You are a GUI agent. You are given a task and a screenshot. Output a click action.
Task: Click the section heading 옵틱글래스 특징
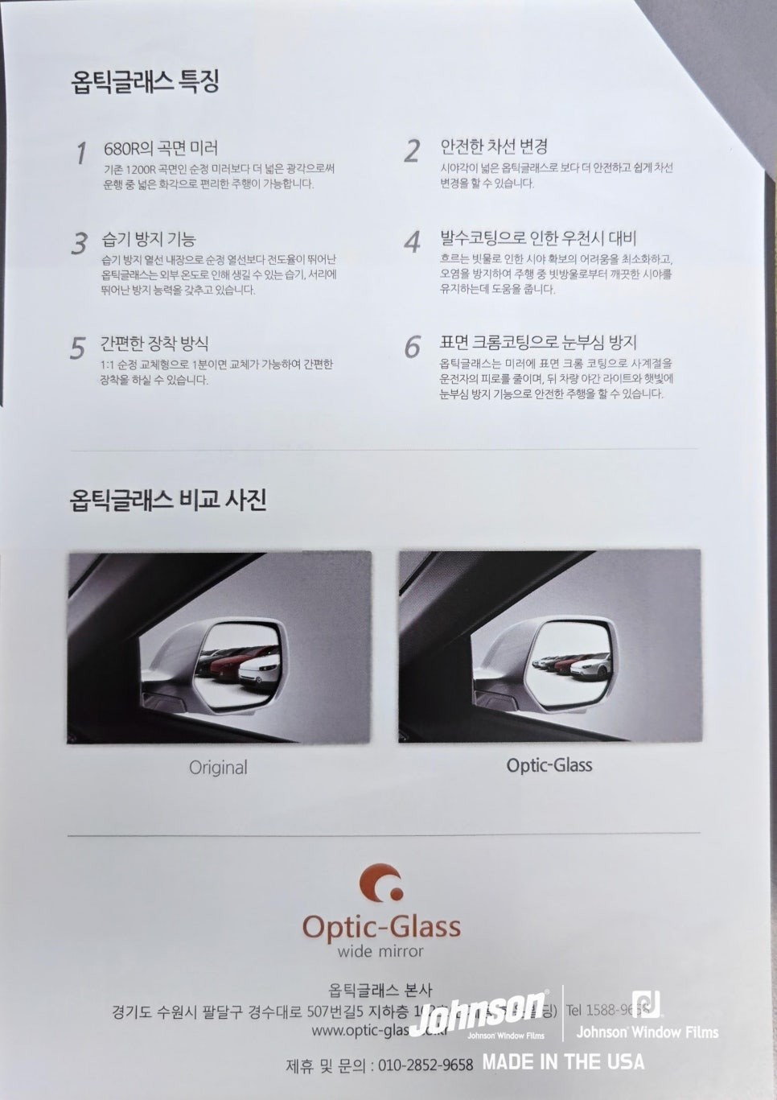click(146, 81)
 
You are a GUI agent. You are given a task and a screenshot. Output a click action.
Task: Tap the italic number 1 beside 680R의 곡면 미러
click(80, 153)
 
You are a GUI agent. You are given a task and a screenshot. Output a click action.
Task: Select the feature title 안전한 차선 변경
click(494, 146)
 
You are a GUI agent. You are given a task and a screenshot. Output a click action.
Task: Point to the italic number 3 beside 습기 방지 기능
click(79, 243)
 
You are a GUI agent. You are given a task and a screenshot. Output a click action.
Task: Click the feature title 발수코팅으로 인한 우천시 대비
click(538, 237)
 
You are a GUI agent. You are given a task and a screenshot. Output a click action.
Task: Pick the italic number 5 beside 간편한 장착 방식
click(77, 348)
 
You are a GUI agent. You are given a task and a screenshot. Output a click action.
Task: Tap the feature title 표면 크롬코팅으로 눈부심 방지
click(538, 342)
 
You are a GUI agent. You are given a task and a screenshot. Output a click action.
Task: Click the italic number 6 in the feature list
click(412, 347)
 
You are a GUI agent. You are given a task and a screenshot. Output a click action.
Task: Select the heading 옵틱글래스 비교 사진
click(168, 500)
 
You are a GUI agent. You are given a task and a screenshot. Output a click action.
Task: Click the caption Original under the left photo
click(218, 768)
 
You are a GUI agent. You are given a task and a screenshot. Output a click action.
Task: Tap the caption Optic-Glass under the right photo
click(549, 765)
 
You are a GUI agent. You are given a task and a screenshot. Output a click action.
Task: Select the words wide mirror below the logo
click(380, 952)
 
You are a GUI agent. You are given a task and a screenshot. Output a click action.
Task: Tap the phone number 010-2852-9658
click(425, 1065)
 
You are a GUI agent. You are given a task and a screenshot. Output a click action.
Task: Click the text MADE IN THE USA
click(563, 1062)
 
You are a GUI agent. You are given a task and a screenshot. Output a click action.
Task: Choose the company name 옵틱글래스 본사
click(380, 991)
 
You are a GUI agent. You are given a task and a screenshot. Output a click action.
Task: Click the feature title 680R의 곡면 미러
click(161, 148)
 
